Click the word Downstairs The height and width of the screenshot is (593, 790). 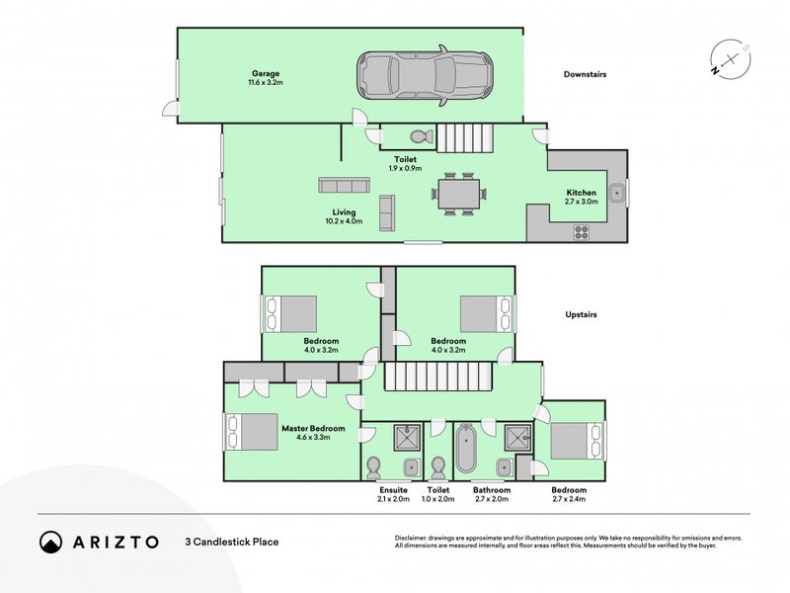click(x=585, y=74)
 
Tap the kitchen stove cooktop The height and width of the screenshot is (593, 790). click(x=582, y=233)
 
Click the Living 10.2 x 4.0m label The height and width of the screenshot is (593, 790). click(x=344, y=216)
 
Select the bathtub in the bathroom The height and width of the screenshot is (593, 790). click(x=467, y=450)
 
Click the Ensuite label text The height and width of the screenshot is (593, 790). click(x=393, y=490)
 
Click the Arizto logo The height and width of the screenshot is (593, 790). click(x=99, y=542)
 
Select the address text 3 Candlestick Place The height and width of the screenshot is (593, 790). click(x=231, y=542)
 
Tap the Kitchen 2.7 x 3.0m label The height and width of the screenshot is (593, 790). click(x=581, y=197)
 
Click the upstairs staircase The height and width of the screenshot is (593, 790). click(x=436, y=377)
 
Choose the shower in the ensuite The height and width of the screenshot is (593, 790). click(x=407, y=436)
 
